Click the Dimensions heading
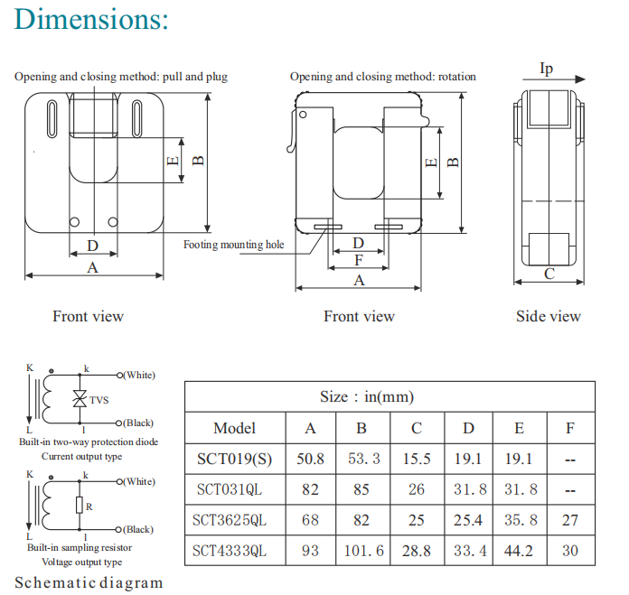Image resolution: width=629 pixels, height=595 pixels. tap(92, 19)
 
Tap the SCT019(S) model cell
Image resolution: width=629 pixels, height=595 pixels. tap(234, 459)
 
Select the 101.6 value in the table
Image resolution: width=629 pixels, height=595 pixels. tap(363, 550)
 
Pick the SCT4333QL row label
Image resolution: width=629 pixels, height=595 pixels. tap(234, 550)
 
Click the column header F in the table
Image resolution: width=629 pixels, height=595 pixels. tap(569, 428)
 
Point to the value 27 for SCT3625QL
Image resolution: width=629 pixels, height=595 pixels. tap(569, 520)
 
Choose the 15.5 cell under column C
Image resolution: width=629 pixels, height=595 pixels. tap(416, 459)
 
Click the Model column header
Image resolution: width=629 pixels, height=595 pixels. tap(234, 428)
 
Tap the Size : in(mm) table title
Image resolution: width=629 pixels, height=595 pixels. tap(367, 396)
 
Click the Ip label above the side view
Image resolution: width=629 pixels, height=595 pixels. tap(546, 69)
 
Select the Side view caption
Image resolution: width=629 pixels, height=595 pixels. tap(549, 316)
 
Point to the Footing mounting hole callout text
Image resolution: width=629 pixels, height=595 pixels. tap(233, 245)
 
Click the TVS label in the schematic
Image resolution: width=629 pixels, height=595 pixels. tap(99, 400)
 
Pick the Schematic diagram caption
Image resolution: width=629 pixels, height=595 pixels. tap(89, 582)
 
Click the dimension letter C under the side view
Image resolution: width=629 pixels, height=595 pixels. tap(549, 274)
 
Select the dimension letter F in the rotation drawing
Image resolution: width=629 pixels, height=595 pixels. tap(359, 260)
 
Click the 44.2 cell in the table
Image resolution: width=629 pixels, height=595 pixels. tap(519, 550)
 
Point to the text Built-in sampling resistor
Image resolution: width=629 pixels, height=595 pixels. tap(80, 548)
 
